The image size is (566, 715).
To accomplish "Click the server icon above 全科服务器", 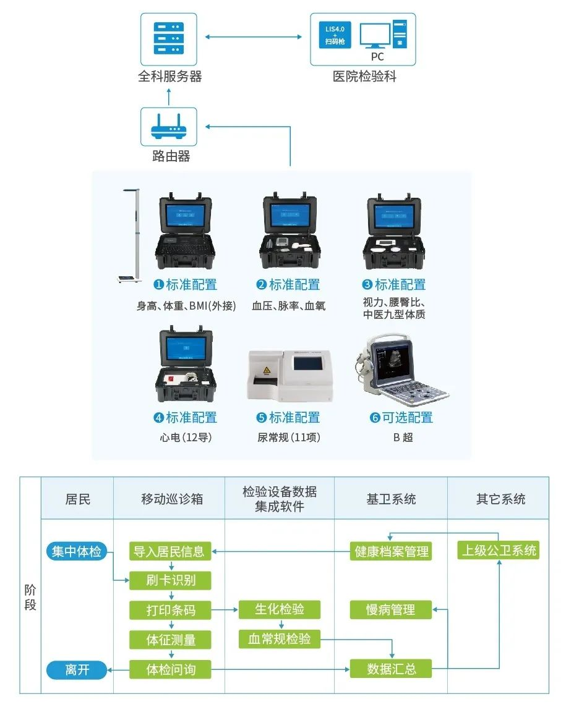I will click(x=169, y=39).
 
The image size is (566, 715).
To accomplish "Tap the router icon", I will click(x=169, y=127).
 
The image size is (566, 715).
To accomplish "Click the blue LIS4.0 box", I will click(x=338, y=35).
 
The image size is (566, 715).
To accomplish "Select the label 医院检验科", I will click(x=364, y=77).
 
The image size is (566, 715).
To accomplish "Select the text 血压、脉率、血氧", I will click(x=288, y=305).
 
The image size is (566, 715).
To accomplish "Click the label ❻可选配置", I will click(x=401, y=418).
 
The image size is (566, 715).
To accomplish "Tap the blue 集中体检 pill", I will click(x=77, y=551).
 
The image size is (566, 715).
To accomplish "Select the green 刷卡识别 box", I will click(x=170, y=580).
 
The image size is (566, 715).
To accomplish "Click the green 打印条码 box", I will click(x=170, y=610).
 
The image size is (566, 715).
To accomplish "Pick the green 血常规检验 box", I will click(x=280, y=639).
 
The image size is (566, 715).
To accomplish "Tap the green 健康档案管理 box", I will click(x=391, y=551).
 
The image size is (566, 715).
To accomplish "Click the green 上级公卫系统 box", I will click(x=499, y=550).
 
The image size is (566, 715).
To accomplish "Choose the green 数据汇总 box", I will click(x=391, y=669).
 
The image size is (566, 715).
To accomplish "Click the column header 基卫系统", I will click(x=391, y=499).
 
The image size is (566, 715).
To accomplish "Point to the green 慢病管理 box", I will click(x=391, y=610).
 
